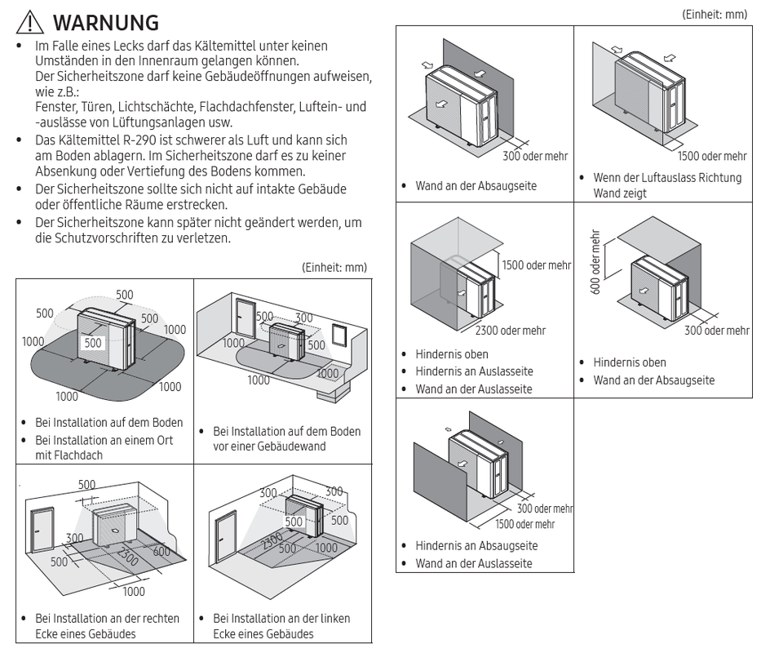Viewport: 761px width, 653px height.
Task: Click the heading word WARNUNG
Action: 104,21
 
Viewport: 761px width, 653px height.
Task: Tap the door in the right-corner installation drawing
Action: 40,530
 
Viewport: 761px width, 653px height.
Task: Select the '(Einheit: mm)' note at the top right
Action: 715,16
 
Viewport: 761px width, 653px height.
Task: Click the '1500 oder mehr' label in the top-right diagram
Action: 711,157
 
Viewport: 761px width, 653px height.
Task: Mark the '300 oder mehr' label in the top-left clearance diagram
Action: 534,157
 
